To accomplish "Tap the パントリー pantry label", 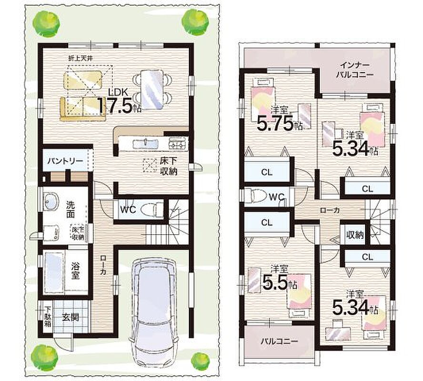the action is point(65,161).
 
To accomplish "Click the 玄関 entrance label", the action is point(70,317).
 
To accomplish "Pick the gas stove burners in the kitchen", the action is point(177,143).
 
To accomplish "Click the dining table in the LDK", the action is point(152,90).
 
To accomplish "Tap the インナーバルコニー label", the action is point(354,70).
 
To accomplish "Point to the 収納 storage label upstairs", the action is point(355,235).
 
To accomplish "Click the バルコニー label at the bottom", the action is point(279,341).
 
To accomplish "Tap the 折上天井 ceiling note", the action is point(81,58).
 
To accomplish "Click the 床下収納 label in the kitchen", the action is point(169,166).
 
